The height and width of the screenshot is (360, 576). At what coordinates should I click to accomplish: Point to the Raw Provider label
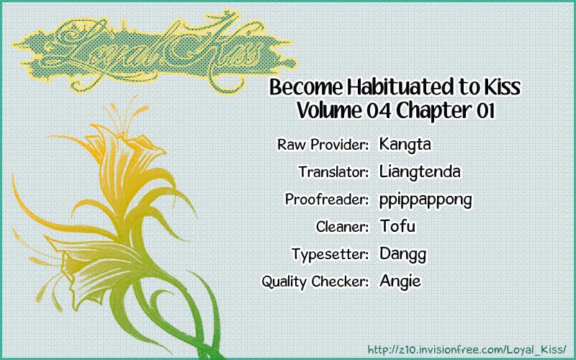tap(323, 145)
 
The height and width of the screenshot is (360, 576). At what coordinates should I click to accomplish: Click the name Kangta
tap(405, 145)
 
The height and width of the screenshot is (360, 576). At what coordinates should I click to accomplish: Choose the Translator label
tap(333, 172)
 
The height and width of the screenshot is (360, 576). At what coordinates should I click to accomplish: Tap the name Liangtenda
tap(420, 171)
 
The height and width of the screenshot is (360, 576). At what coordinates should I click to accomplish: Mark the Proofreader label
tap(327, 199)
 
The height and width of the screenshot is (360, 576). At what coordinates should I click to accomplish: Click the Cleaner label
tap(343, 227)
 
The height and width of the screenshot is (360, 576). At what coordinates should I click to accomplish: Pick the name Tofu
tap(397, 226)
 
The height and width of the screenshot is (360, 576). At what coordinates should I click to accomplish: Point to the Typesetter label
tap(330, 255)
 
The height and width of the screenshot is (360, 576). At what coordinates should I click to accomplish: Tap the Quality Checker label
tap(315, 282)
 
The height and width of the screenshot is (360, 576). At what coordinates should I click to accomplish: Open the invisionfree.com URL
tap(467, 348)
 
